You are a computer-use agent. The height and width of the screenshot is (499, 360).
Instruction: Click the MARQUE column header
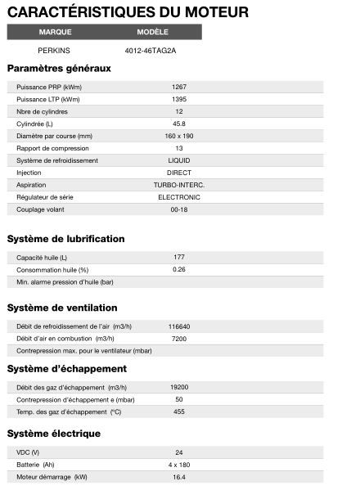coord(55,32)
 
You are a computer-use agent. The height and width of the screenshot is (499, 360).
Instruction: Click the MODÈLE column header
coord(153,32)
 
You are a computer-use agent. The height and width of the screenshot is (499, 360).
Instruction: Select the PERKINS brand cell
coord(55,50)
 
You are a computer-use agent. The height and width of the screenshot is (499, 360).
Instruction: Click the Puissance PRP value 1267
coord(179,87)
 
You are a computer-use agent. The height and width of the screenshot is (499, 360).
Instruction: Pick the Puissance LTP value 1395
coord(179,99)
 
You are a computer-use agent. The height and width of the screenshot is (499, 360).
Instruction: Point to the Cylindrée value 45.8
coord(179,124)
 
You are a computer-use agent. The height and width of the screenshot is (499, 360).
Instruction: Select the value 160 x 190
coord(179,136)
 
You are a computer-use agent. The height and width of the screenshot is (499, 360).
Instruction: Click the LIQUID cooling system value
coord(179,160)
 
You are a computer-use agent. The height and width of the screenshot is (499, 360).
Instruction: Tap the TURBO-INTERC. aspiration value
coord(179,185)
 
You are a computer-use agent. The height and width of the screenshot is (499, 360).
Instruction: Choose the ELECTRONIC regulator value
coord(179,197)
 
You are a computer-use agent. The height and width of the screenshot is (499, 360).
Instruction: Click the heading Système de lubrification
coord(66,239)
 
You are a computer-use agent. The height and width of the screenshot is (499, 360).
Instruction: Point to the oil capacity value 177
coord(179,257)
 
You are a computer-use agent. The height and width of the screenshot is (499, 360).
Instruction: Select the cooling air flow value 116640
coord(179,326)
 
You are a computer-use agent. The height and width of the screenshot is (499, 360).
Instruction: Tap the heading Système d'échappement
coord(67,369)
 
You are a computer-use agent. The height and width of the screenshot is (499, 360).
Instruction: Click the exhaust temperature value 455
coord(179,411)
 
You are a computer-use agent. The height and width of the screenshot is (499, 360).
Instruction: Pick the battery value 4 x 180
coord(179,464)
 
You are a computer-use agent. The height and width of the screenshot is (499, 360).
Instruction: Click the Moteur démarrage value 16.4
coord(179,476)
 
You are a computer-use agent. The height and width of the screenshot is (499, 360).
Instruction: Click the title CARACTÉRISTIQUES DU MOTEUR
coord(128,11)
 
